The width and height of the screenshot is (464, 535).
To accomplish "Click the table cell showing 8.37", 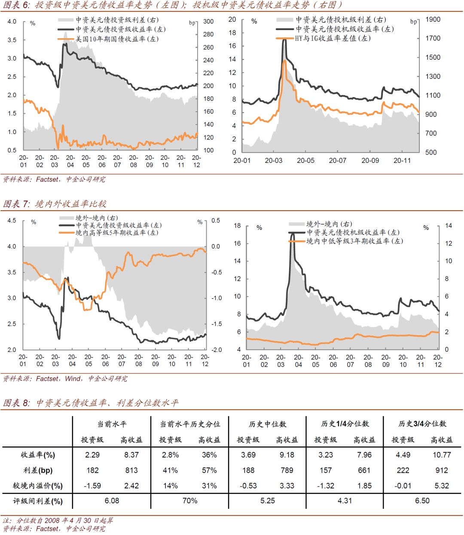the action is [x=131, y=455].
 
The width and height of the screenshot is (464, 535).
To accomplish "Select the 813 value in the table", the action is [x=131, y=470].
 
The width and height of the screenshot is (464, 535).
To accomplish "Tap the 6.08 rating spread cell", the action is [x=112, y=501].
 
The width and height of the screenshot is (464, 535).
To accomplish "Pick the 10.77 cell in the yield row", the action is [x=442, y=455].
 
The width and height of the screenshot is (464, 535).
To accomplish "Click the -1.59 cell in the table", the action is [x=92, y=486].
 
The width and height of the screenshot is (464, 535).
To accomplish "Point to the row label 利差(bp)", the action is [x=38, y=471].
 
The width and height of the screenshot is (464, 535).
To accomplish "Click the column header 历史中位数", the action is [x=267, y=424].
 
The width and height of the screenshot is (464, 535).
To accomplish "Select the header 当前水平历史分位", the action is [x=190, y=424].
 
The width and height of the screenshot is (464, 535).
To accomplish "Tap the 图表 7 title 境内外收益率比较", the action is [x=70, y=204].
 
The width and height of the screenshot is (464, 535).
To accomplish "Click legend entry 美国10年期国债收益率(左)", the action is [x=117, y=39].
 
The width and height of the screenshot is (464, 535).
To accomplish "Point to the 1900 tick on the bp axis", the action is [x=433, y=19].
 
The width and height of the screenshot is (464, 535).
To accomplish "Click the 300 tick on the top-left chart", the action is [x=208, y=21].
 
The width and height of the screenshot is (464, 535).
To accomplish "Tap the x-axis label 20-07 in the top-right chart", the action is [x=338, y=161].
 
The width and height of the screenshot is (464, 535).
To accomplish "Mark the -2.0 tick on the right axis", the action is [x=217, y=350].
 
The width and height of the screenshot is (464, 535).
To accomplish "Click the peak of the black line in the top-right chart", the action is [x=284, y=40].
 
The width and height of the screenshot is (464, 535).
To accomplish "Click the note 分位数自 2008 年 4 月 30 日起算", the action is [x=65, y=520].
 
